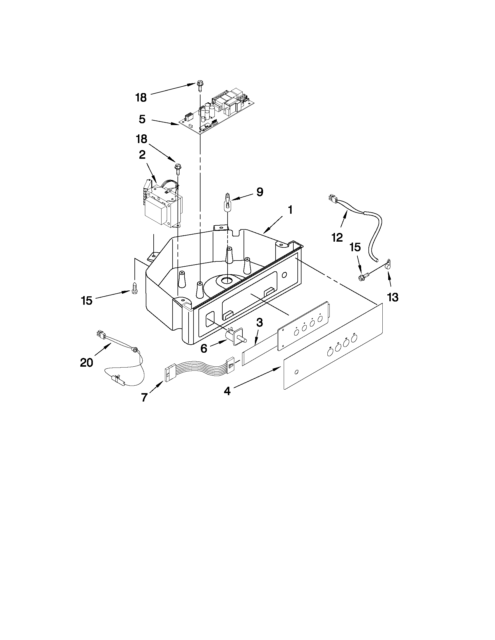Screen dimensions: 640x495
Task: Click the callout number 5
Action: (x=142, y=119)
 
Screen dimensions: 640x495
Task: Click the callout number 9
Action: (x=260, y=192)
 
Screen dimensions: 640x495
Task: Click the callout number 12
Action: (x=337, y=237)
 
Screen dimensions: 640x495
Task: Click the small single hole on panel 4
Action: (x=297, y=372)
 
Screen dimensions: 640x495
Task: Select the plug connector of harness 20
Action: (x=100, y=333)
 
